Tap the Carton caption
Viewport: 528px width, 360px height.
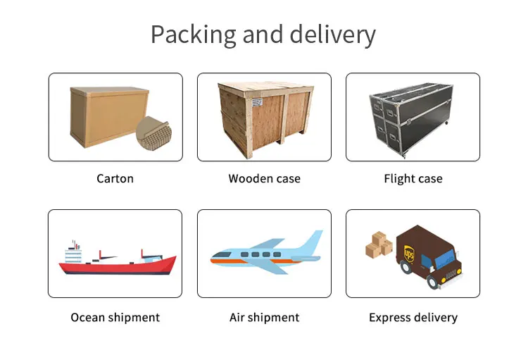[x=115, y=178]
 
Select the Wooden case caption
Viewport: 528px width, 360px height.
[x=264, y=178]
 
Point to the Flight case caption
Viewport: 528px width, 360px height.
[x=413, y=178]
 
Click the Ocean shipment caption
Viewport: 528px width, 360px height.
[x=115, y=318]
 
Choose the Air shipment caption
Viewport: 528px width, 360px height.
[x=264, y=318]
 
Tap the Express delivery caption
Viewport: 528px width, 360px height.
[x=413, y=318]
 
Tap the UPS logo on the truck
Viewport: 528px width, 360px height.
[x=409, y=249]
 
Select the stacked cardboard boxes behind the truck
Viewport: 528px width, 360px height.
[x=379, y=245]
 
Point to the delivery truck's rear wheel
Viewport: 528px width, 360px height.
[x=406, y=268]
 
